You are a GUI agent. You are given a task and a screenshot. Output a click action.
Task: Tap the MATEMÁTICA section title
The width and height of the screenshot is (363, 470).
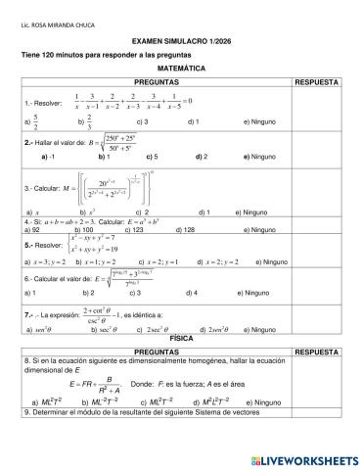(x=182, y=70)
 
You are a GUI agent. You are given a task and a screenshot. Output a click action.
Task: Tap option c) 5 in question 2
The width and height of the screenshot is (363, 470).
(x=151, y=157)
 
